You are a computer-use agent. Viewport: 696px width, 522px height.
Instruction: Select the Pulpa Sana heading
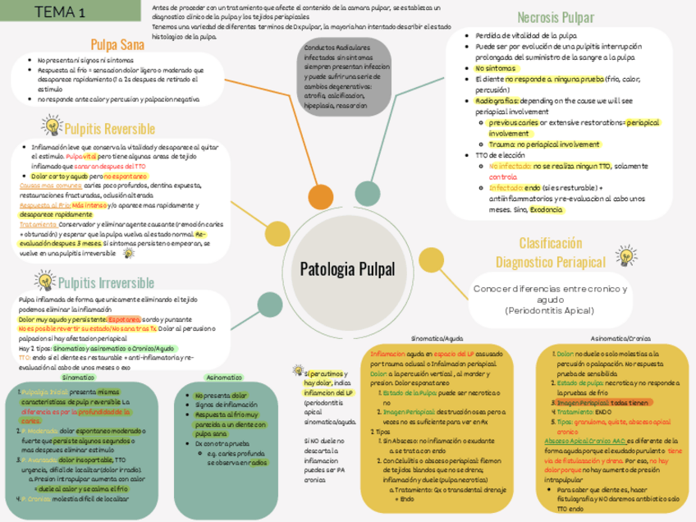click(x=118, y=44)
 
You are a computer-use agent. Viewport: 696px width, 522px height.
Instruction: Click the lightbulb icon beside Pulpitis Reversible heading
click(x=52, y=127)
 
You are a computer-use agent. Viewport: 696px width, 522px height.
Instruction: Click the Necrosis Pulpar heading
click(x=556, y=17)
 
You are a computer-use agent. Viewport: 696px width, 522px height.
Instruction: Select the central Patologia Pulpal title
click(x=347, y=268)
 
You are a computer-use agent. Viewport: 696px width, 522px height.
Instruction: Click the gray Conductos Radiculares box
click(x=347, y=76)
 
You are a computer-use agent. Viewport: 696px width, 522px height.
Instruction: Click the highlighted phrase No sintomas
click(x=495, y=68)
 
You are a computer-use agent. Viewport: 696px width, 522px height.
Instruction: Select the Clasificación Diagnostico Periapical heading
click(x=550, y=253)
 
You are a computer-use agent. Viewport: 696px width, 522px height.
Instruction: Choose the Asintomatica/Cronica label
click(x=621, y=337)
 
